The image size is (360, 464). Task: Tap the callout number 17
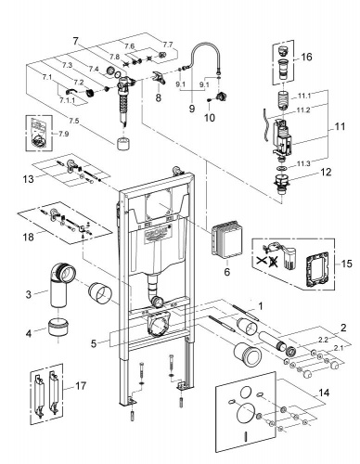(81, 386)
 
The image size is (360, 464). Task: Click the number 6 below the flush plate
(227, 272)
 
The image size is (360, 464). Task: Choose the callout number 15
(347, 264)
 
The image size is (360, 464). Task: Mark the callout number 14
(324, 393)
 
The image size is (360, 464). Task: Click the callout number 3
(29, 293)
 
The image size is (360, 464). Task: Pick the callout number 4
(29, 333)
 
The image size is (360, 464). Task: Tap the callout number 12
(326, 173)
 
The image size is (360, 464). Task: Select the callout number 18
(28, 238)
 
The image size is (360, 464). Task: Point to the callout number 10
(210, 118)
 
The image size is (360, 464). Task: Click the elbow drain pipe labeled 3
(60, 284)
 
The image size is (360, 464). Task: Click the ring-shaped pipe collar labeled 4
(58, 327)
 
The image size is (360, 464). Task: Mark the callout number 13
(28, 179)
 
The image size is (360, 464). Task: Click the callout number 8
(159, 98)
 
